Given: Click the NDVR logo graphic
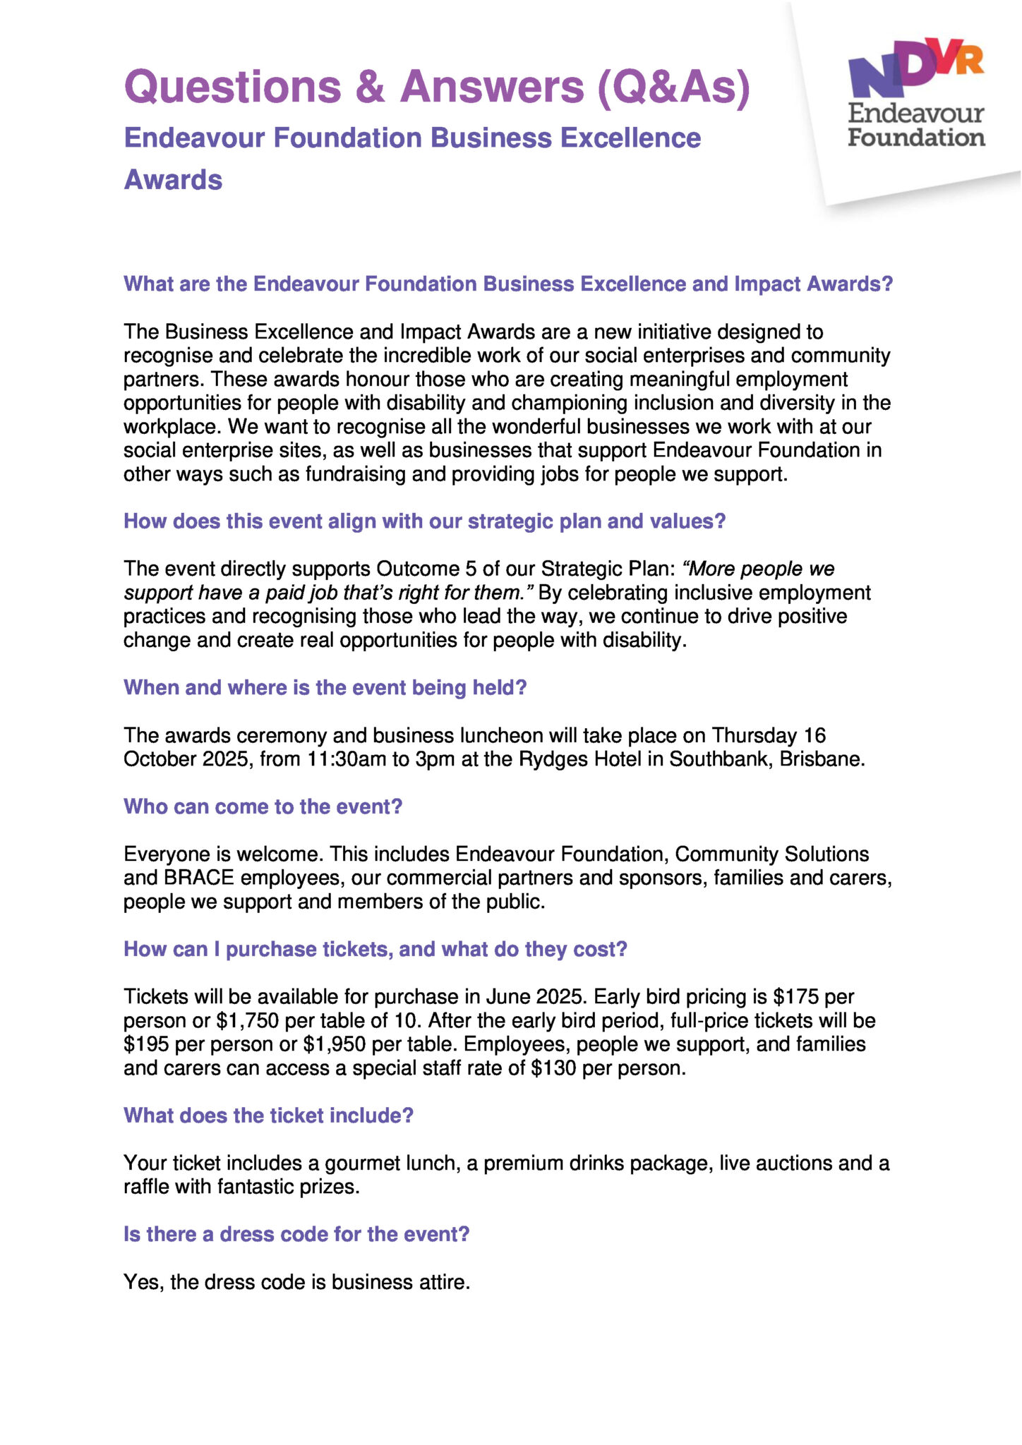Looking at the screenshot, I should pos(915,67).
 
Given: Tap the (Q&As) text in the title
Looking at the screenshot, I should pos(673,87).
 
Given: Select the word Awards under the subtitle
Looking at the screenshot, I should pos(173,180).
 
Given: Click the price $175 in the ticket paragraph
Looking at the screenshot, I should pos(795,997).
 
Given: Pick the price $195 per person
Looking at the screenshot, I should pos(146,1044).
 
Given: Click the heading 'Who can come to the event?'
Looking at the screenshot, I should pos(263,806).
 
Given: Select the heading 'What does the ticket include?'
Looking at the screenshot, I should pos(268,1116).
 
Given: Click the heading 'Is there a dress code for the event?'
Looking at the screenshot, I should pos(296,1234).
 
